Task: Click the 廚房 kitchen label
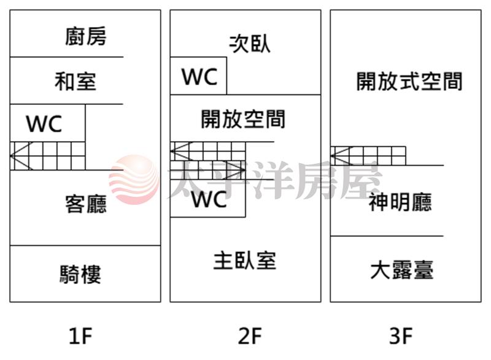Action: point(86,36)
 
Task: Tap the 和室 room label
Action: point(75,81)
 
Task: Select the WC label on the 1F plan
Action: point(44,123)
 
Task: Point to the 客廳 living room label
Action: point(86,204)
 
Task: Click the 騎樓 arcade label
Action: point(80,274)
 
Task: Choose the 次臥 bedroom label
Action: point(250,43)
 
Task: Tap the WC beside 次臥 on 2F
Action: point(199,77)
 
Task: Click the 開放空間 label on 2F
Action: point(243,119)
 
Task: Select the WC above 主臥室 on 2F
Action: point(209,199)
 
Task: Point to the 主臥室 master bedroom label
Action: point(244,261)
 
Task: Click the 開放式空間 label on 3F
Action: point(409,82)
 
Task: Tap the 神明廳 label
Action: point(401,202)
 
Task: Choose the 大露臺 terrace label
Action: point(402,270)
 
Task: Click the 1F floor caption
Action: point(81,335)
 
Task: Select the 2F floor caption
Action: point(250,335)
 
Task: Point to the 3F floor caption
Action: point(401,335)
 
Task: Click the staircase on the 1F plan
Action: point(48,156)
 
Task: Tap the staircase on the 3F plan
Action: point(368,156)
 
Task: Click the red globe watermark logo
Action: point(134,180)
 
